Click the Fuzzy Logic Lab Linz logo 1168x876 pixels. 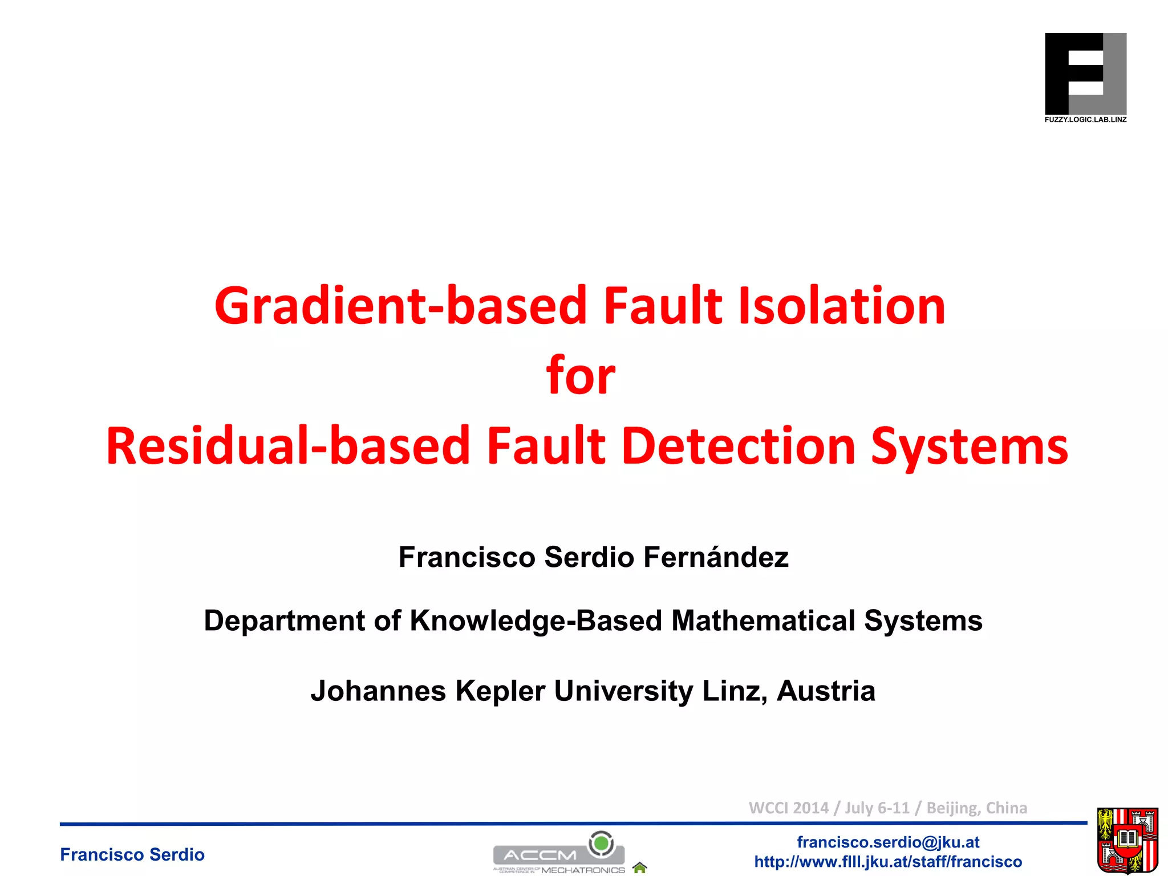[1085, 74]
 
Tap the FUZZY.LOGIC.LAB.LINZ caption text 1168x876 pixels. [1085, 120]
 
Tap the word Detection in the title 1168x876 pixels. [739, 446]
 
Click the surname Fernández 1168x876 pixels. [716, 557]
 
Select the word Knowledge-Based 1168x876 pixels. [536, 620]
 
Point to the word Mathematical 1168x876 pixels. [763, 620]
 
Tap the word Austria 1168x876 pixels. [825, 691]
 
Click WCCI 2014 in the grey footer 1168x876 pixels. [788, 808]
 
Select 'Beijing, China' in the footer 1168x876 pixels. [976, 808]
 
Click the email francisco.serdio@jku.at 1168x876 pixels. [888, 842]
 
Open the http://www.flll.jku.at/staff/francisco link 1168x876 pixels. [888, 862]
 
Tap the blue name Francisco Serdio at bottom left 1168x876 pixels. [132, 854]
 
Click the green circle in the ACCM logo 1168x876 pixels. [601, 842]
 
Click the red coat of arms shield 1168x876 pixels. [1128, 841]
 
